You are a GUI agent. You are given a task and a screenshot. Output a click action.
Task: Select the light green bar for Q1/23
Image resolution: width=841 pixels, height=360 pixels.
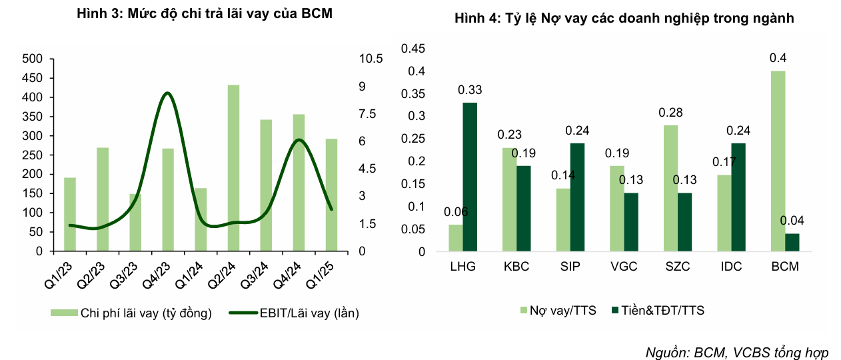coord(70,214)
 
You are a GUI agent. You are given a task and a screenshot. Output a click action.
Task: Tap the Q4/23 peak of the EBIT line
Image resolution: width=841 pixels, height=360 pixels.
coord(167,93)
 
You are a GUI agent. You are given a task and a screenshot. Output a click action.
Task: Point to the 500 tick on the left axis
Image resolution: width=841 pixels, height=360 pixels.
coord(33,59)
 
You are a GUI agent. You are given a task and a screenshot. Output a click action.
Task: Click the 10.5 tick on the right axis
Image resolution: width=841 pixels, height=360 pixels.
coord(371,59)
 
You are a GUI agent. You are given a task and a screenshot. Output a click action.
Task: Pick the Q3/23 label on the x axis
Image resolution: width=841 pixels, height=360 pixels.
coord(125,274)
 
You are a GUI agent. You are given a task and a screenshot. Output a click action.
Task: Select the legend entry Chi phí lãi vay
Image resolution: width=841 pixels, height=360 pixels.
coord(133,313)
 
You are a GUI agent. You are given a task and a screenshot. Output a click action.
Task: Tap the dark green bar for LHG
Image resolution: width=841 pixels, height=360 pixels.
coord(470,177)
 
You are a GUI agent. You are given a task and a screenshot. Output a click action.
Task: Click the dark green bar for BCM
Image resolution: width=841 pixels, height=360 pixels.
coord(792,243)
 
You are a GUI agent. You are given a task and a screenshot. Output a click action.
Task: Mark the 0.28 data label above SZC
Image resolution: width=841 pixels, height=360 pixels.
coord(671,113)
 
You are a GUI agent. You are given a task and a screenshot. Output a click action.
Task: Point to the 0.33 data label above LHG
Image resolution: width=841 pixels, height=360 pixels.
coord(470,90)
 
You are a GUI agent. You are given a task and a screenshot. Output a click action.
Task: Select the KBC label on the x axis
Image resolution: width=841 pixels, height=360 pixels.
coord(516,267)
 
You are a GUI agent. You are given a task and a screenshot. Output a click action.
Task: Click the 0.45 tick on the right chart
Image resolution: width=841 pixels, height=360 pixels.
coord(413,48)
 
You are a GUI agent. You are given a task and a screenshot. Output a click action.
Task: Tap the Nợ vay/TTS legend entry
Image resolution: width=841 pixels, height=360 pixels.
coord(558,310)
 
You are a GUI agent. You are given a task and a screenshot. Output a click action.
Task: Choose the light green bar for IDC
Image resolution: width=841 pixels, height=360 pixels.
coord(724,213)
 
